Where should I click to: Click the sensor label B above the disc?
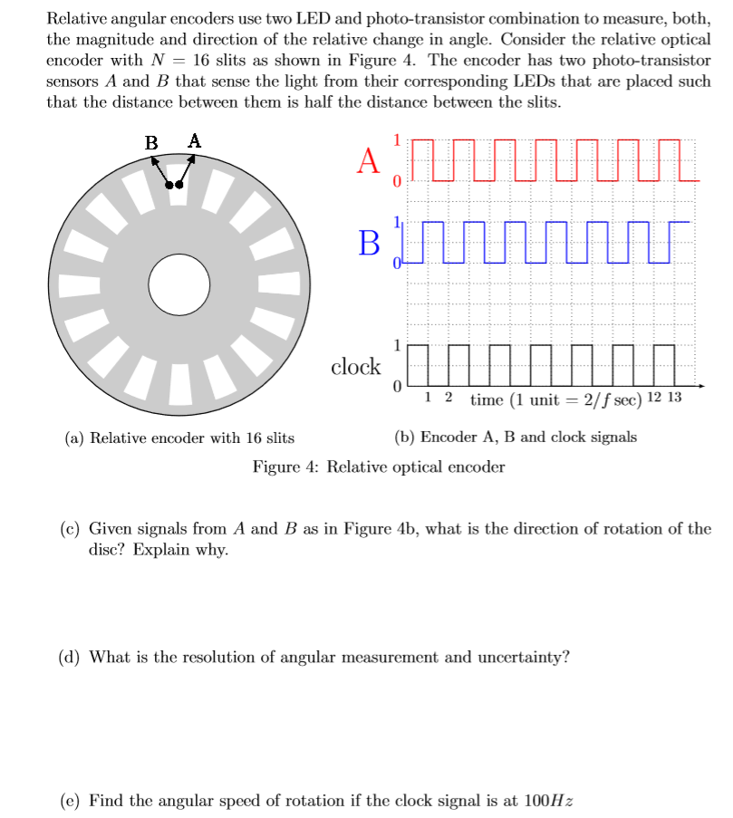coord(152,142)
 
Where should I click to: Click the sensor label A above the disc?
coord(195,140)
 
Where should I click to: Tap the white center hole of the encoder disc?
coord(178,284)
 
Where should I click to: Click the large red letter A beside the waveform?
coord(368,160)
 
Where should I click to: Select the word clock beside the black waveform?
coord(356,367)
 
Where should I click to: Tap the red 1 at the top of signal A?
coord(396,139)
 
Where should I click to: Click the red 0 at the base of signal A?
coord(396,180)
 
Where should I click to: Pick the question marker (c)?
coord(69,529)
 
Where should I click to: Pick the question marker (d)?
coord(69,657)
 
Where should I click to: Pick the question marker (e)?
coord(69,801)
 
